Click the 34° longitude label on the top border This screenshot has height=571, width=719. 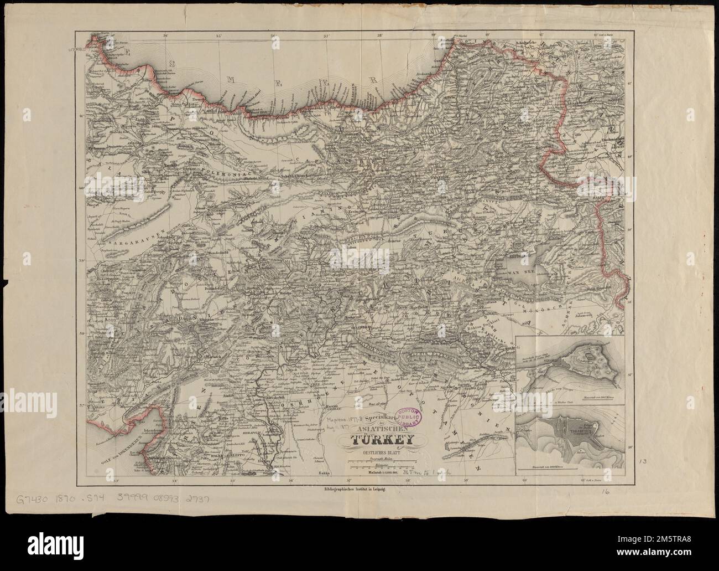[x=164, y=37]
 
